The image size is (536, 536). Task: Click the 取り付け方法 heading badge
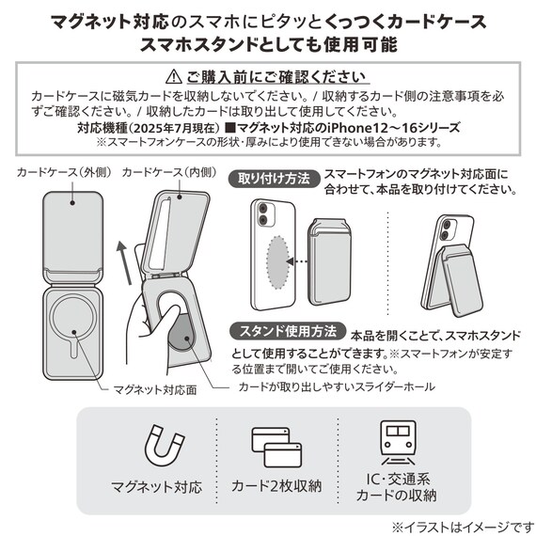click(x=273, y=179)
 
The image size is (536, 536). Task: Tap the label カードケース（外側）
click(x=61, y=173)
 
